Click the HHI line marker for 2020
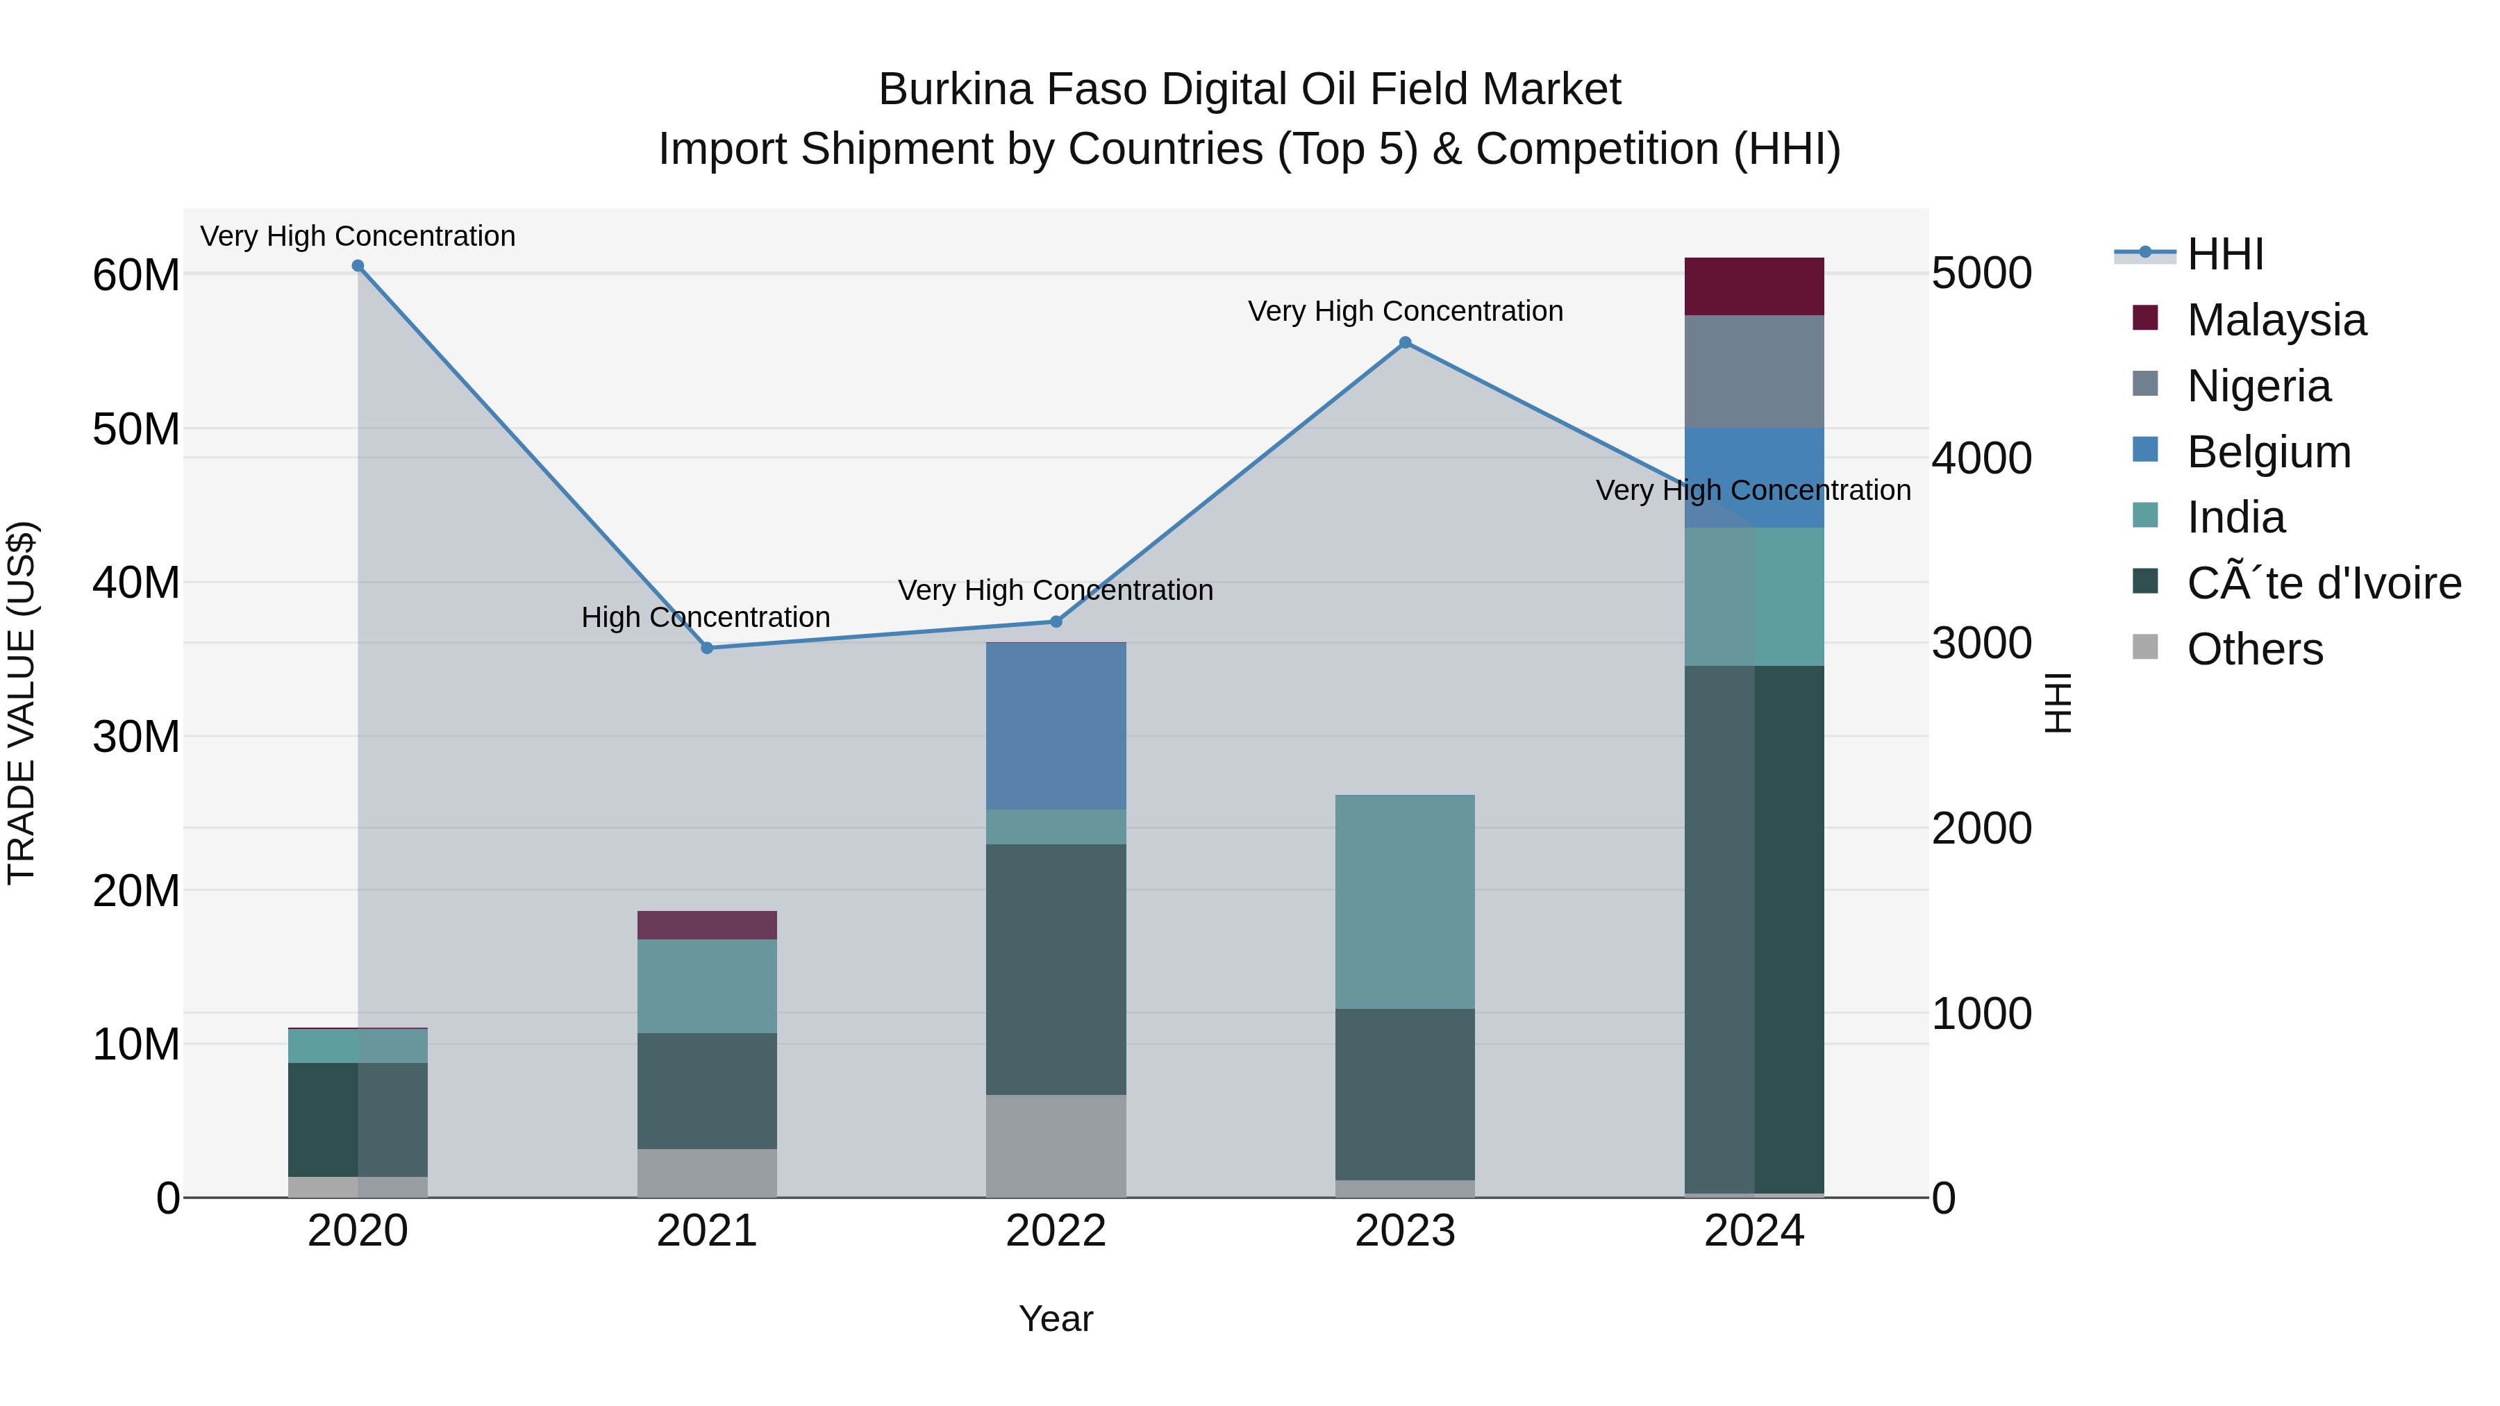358,266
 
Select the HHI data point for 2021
706,648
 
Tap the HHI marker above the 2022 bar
1056,622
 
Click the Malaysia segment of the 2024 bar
1753,286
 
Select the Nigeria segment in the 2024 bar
1753,371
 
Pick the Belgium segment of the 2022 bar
1056,726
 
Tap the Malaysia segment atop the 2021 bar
706,925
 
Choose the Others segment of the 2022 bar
1056,1145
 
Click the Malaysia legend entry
2276,319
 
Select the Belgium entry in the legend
2268,451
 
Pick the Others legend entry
2254,648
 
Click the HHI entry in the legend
2226,253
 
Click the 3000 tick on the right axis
1981,644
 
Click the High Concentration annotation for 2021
706,617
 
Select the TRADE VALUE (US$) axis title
22,703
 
